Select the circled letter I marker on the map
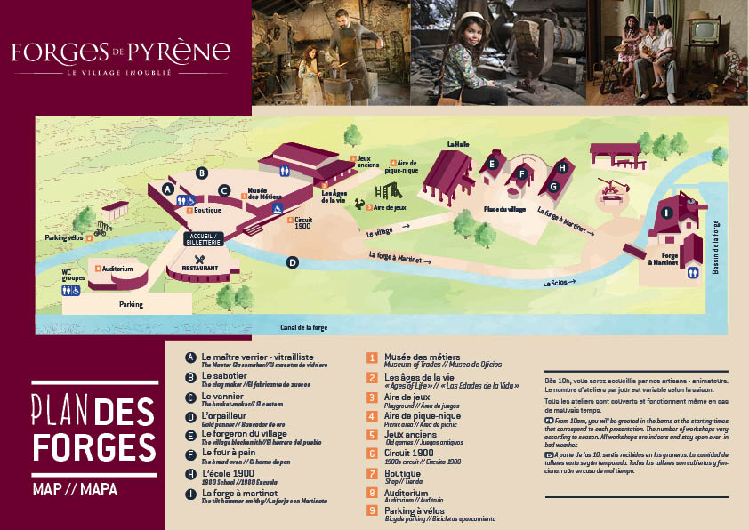coord(667,212)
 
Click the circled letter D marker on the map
coord(291,262)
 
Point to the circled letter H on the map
coord(561,166)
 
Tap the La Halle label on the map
coord(457,143)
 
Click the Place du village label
coord(504,209)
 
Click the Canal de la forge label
coord(304,327)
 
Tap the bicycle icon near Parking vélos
coord(101,229)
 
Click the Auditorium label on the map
coord(117,269)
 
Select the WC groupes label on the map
coord(74,277)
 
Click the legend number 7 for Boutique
coord(373,472)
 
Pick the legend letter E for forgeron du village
coord(189,435)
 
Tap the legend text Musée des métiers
coord(421,356)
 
